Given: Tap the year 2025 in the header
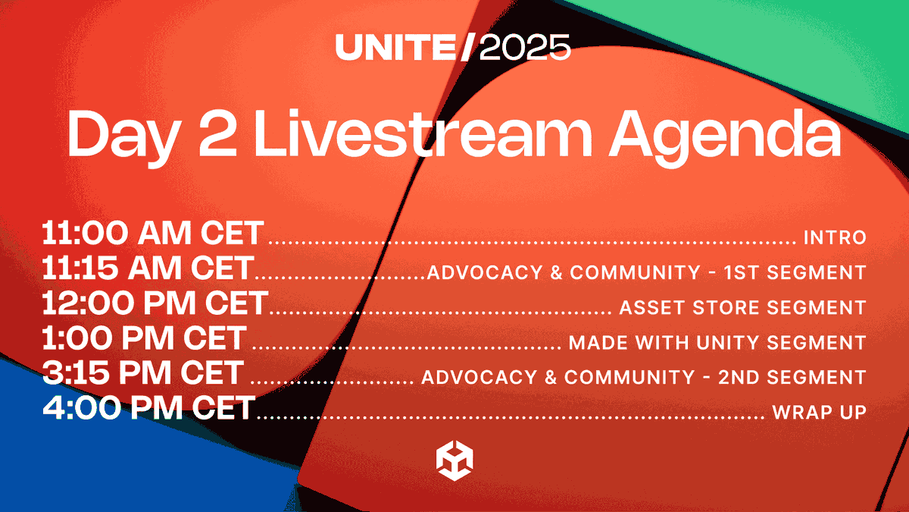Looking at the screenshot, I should (525, 49).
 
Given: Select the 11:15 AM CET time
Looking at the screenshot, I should (148, 269).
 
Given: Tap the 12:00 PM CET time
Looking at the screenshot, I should (155, 304).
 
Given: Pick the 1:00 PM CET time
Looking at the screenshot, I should (145, 339).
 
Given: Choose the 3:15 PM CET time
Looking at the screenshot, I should (143, 374).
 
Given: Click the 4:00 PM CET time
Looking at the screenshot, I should (148, 409).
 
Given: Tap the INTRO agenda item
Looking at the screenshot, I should (834, 237).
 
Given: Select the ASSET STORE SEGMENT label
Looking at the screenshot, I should (742, 307).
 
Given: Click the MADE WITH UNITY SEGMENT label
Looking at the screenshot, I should (717, 342).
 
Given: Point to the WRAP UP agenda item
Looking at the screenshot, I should (819, 413).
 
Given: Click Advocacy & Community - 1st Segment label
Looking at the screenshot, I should (646, 272).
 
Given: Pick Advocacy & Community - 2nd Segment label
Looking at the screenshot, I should (643, 377).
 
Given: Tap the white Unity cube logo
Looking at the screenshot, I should (454, 460).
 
